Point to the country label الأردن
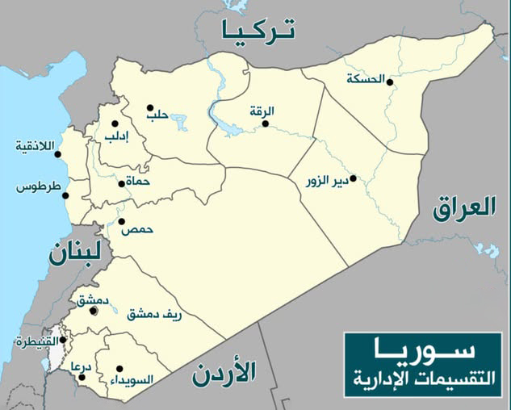(224, 372)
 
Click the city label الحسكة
(363, 79)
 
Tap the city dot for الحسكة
(389, 82)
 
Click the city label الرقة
(262, 111)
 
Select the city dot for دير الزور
(352, 178)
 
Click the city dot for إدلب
(115, 123)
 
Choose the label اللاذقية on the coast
(35, 146)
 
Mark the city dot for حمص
(121, 221)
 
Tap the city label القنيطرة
(36, 342)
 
